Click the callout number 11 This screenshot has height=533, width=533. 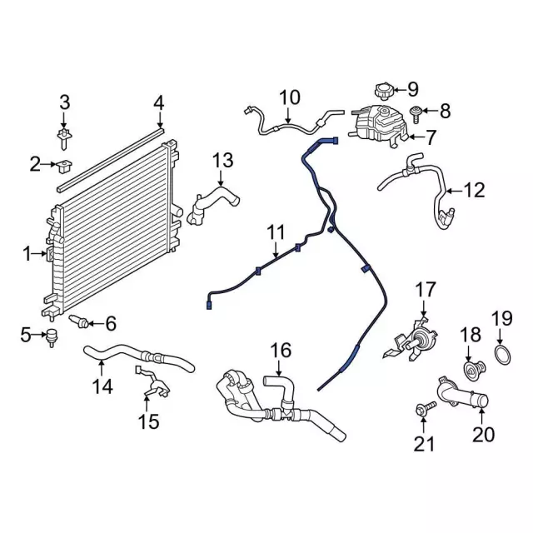[x=276, y=231]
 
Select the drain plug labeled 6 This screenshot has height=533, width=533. [x=82, y=321]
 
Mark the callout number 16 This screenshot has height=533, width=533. [x=281, y=351]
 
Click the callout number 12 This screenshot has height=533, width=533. [x=473, y=191]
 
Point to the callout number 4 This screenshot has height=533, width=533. [x=159, y=103]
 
